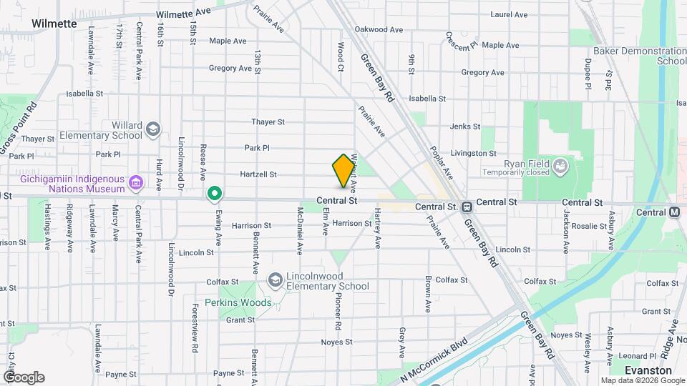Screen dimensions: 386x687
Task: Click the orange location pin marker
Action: pos(343,170)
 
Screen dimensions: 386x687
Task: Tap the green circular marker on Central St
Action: pos(214,194)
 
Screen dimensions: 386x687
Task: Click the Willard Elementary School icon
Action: pos(152,129)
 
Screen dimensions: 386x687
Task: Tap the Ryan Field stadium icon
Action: pos(561,167)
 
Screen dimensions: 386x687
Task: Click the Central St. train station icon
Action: pos(466,207)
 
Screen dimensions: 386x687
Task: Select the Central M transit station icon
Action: pos(674,212)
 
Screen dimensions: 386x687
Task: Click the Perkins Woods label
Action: pos(238,302)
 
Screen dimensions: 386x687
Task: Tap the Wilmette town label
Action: pos(54,24)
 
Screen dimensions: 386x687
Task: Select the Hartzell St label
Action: pos(258,174)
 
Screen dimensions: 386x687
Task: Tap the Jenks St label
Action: pos(465,127)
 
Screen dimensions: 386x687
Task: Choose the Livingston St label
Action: pos(473,153)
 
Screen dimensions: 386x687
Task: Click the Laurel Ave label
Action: pos(509,14)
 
